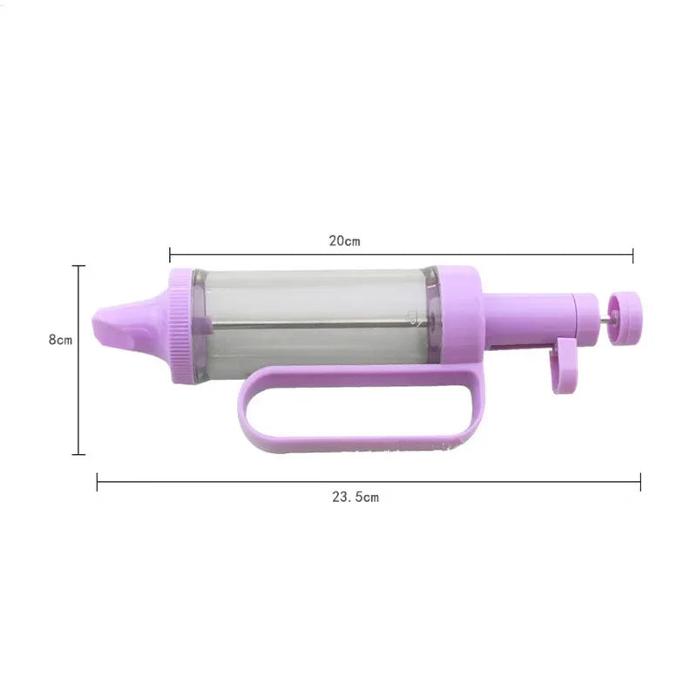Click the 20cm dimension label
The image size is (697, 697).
click(344, 241)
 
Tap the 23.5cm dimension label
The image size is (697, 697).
click(355, 497)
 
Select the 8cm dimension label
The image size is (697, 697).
click(60, 340)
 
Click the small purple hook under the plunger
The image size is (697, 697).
click(564, 366)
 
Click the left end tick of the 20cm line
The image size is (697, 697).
click(170, 254)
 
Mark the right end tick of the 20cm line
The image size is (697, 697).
click(633, 254)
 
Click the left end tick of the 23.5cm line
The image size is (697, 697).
click(97, 482)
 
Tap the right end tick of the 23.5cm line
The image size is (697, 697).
click(640, 482)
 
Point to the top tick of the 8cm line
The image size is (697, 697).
click(79, 266)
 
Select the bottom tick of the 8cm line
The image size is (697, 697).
click(79, 454)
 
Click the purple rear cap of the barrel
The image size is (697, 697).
click(457, 318)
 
